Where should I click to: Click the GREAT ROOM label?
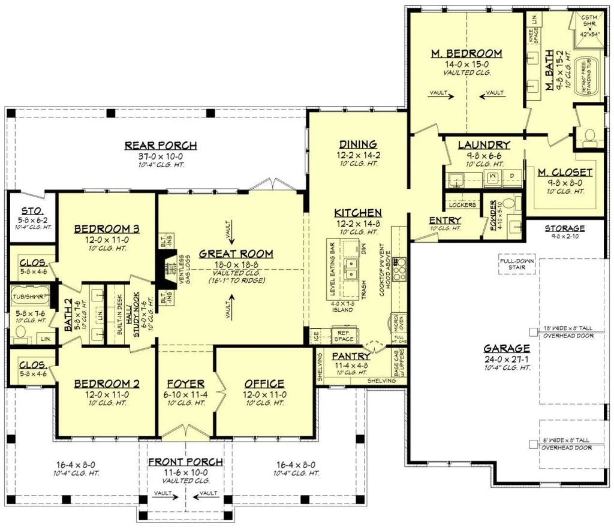tap(236, 254)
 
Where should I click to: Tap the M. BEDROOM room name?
tap(466, 54)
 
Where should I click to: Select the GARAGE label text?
tap(507, 348)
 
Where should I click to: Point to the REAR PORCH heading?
tap(161, 146)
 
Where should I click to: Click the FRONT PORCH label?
tap(186, 462)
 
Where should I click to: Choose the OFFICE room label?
tap(264, 384)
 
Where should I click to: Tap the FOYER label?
tap(186, 384)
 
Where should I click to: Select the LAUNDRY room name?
tap(483, 144)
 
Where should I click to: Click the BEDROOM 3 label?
tap(107, 228)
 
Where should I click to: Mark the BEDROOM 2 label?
tap(107, 384)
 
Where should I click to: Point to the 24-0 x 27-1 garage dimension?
tap(507, 358)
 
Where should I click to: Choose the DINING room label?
tap(357, 144)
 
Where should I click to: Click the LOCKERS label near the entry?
tap(462, 205)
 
